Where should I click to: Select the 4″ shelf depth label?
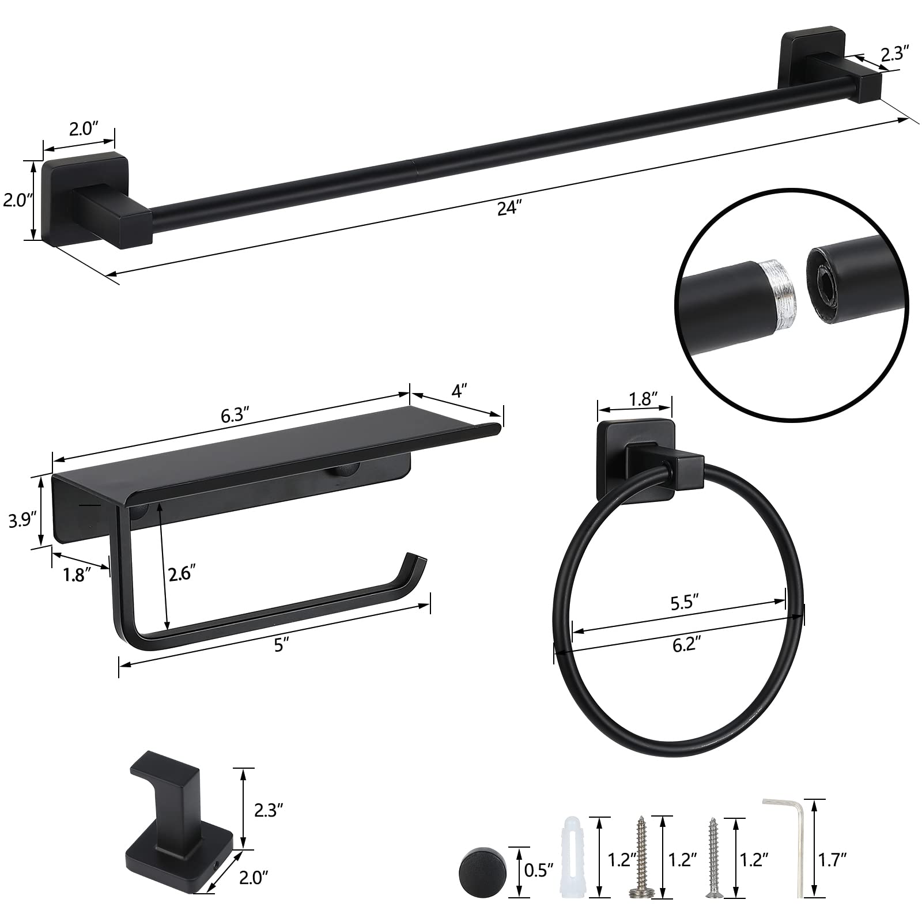[458, 392]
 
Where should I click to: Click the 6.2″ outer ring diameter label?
[687, 644]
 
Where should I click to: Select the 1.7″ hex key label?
[833, 859]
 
